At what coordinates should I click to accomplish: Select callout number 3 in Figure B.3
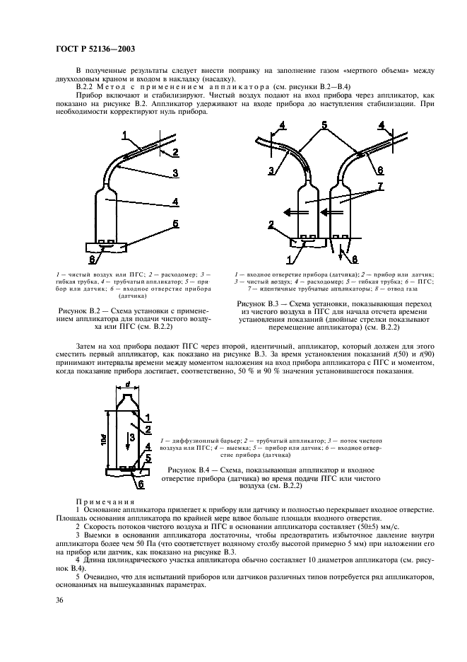point(271,170)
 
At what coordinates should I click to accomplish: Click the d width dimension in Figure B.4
point(127,386)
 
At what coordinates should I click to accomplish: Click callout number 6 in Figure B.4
point(141,484)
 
